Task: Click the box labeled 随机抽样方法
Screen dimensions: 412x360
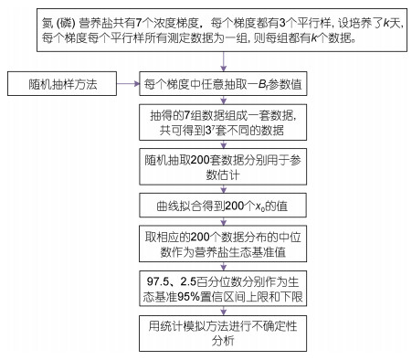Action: (x=62, y=84)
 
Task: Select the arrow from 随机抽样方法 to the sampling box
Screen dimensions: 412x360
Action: (x=128, y=84)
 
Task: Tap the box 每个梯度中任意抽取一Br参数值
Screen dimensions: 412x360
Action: (x=223, y=84)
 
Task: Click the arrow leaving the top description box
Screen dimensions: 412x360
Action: (x=224, y=61)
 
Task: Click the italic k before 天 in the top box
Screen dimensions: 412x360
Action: (x=386, y=23)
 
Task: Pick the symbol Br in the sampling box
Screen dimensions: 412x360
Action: (x=264, y=84)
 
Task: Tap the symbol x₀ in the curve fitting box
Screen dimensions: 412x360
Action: (x=259, y=206)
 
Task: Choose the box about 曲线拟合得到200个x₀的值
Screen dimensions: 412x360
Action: (x=223, y=206)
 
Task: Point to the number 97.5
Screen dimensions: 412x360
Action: (x=158, y=281)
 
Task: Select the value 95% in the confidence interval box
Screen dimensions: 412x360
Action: (x=188, y=296)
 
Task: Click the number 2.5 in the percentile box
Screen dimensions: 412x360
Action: (x=188, y=281)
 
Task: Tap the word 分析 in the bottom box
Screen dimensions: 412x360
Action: (x=223, y=341)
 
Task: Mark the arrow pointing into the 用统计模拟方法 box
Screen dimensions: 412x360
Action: (x=224, y=311)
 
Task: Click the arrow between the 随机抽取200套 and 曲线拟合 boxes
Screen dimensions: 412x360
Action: (x=224, y=189)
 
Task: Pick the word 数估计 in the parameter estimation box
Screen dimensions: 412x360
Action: (x=223, y=175)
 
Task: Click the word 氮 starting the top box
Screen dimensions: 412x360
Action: (x=48, y=23)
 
